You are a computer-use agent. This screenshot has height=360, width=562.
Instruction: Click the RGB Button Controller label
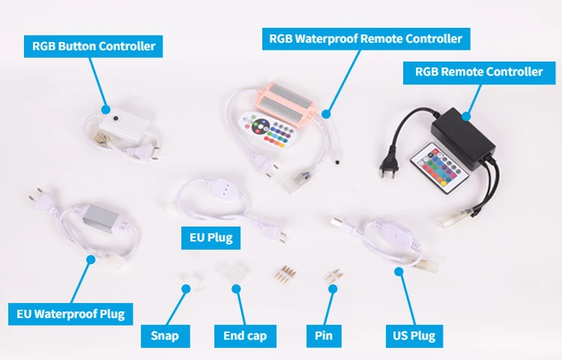[94, 46]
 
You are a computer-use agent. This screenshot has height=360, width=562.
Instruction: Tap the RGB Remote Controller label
[479, 72]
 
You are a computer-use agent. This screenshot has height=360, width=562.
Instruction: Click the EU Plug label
[211, 238]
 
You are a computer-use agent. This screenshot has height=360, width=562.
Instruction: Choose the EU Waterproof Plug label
[71, 313]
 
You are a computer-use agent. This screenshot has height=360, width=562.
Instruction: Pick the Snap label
[165, 336]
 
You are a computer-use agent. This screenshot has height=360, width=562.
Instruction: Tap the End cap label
[245, 336]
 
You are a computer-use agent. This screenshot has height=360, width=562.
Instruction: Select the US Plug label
[414, 336]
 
